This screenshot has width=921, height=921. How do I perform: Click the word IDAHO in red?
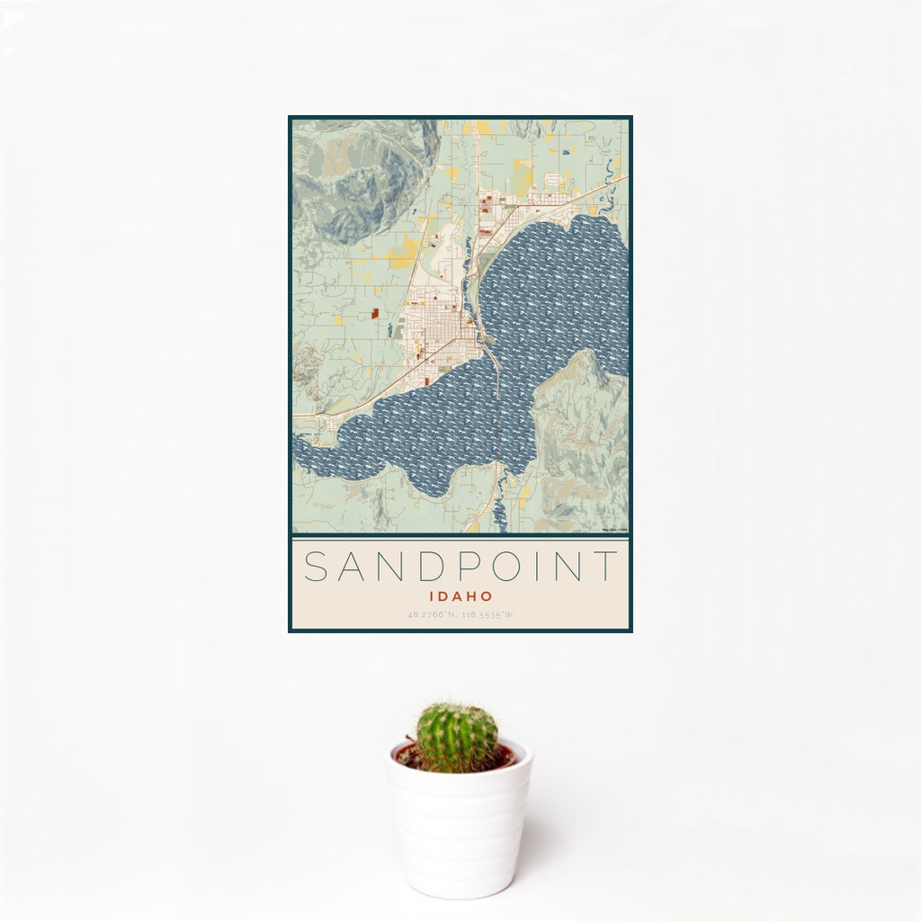pos(460,596)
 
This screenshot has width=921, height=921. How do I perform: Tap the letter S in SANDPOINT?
pos(315,567)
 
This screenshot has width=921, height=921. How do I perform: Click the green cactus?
pos(456,738)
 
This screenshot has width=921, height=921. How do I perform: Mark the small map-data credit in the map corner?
pos(615,530)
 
